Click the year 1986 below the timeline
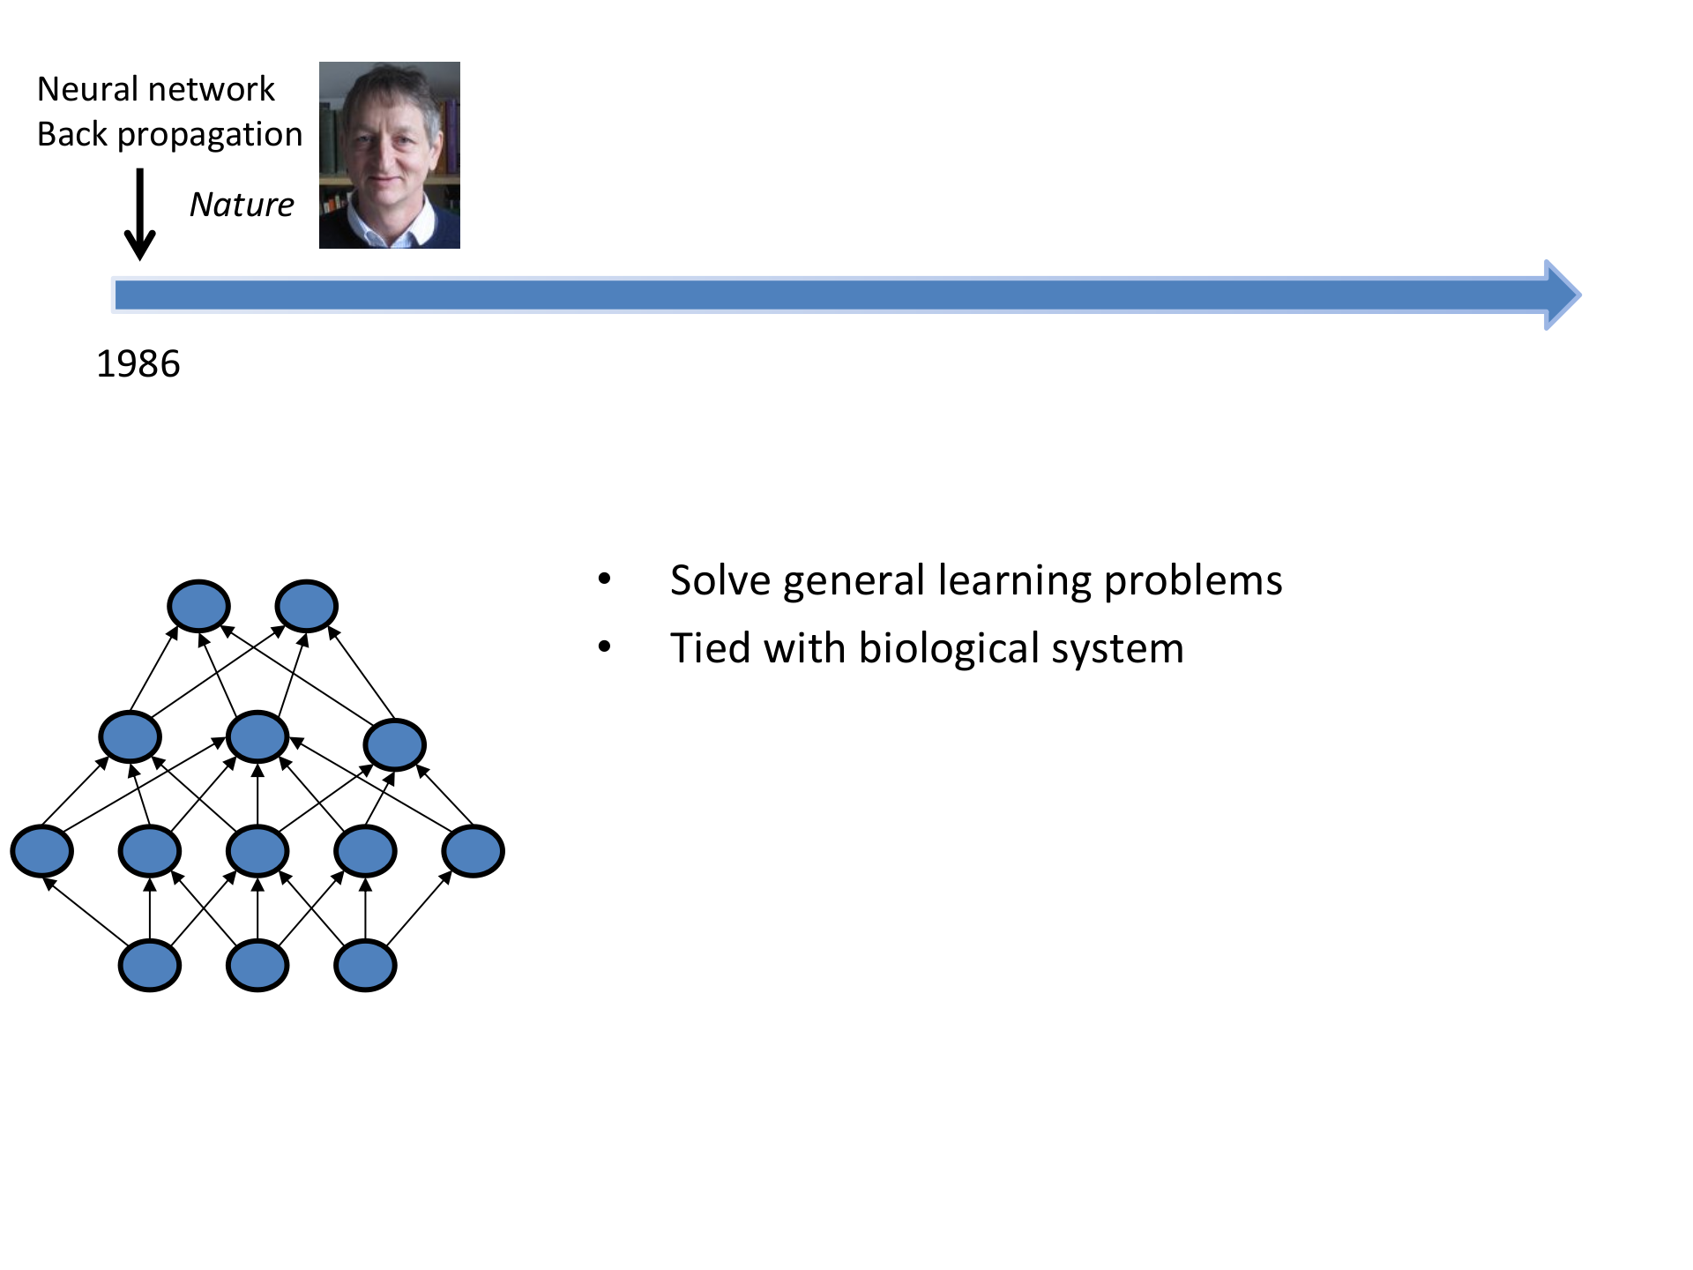click(138, 364)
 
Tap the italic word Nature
click(242, 205)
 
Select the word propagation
click(210, 135)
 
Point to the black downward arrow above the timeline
click(139, 214)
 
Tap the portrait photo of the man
click(389, 155)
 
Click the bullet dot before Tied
click(604, 647)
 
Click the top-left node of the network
click(199, 606)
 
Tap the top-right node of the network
click(306, 606)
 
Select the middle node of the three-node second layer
click(257, 736)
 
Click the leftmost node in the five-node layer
click(41, 851)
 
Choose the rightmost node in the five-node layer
click(474, 851)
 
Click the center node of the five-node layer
click(257, 851)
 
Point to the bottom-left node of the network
click(150, 966)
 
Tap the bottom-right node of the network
click(365, 966)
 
